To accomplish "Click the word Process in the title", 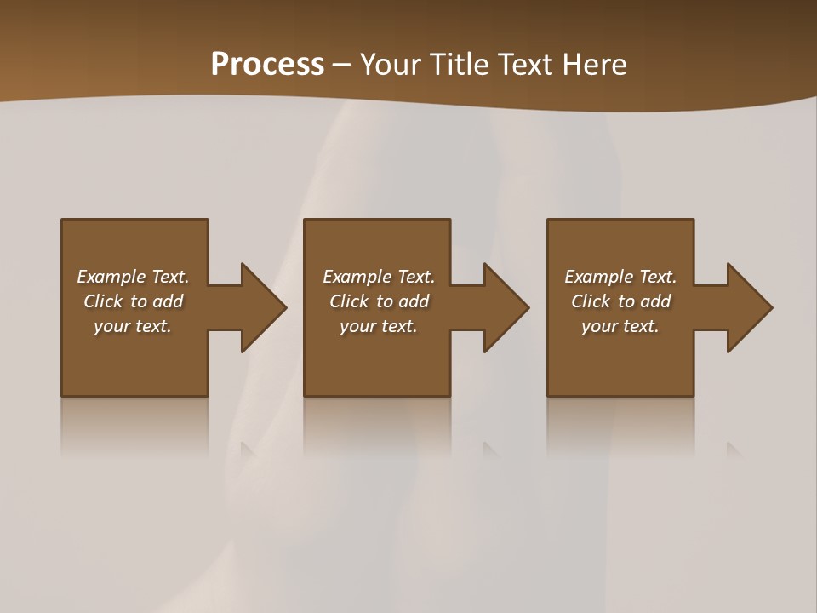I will (267, 65).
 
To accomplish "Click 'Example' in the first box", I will (111, 277).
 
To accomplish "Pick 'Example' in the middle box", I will (357, 277).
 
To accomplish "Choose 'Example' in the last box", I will (598, 277).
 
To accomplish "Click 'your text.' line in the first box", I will (133, 326).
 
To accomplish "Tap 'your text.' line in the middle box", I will (379, 326).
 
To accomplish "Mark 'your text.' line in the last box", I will (620, 326).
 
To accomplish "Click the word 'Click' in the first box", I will (103, 301).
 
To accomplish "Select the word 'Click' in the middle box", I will (349, 301).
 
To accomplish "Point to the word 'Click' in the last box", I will (591, 301).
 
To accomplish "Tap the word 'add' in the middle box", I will (414, 301).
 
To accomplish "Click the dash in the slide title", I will (342, 65).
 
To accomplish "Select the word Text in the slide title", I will (523, 65).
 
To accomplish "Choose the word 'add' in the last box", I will (655, 301).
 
